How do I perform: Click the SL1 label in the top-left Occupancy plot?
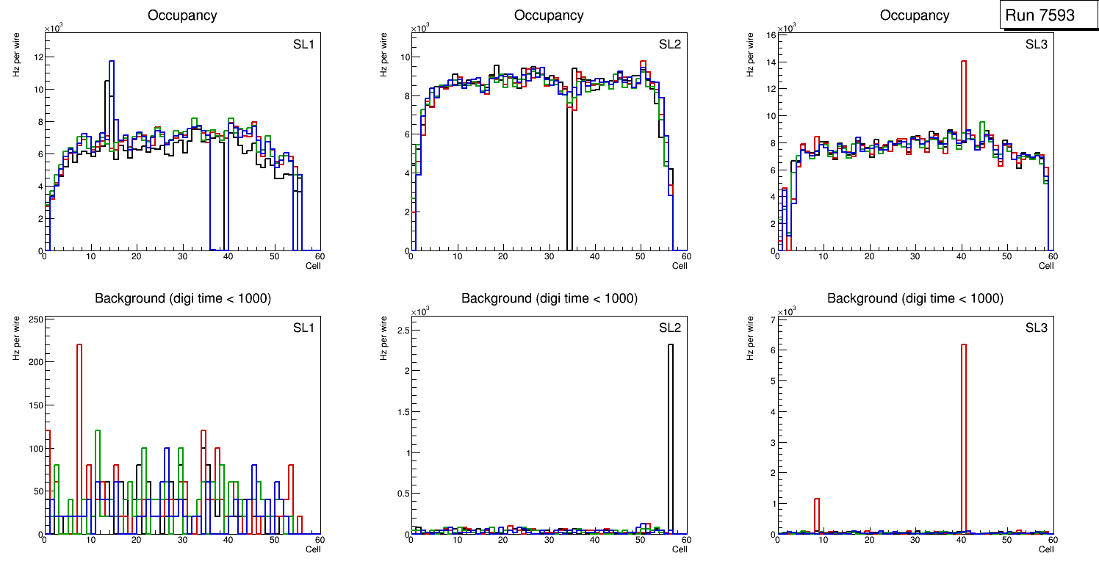(303, 44)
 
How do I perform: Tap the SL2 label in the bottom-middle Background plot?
(669, 328)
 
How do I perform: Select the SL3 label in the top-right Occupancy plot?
(1035, 44)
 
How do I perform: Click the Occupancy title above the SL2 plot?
(549, 15)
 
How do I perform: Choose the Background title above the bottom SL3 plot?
(915, 298)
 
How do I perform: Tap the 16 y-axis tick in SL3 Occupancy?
(771, 35)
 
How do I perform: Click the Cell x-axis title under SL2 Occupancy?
(680, 266)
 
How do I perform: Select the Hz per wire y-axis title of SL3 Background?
(751, 338)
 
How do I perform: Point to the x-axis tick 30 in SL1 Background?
(182, 540)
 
